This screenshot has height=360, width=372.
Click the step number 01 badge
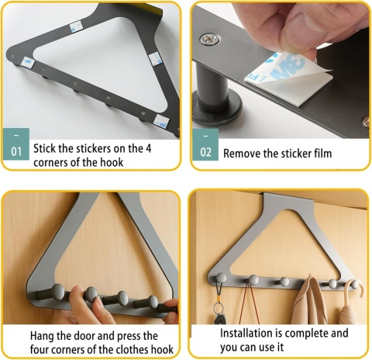pos(16,144)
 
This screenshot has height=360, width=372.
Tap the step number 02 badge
pos(205,144)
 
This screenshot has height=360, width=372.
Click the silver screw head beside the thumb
pos(210,40)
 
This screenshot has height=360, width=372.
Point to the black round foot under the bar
pos(217,112)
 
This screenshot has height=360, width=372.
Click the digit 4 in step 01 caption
pos(148,149)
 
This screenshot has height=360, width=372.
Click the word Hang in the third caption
pos(41,336)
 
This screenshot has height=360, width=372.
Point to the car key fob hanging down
pos(219,319)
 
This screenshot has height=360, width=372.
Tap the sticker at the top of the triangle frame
pos(76,26)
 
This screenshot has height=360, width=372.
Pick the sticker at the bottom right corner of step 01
pos(161,122)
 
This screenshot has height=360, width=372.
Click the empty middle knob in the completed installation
pos(284,282)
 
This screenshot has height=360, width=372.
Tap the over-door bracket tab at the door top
pos(288,200)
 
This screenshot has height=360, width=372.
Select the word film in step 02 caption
pos(323,154)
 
